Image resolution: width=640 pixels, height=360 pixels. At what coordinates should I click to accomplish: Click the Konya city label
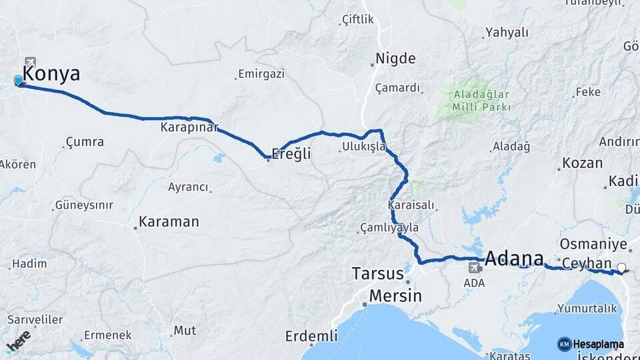pos(51,74)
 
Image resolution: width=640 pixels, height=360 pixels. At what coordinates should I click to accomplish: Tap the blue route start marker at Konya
pos(18,81)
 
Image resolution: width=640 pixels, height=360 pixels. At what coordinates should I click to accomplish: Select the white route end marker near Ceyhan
pos(621,268)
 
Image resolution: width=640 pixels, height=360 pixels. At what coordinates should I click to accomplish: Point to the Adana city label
pos(514,257)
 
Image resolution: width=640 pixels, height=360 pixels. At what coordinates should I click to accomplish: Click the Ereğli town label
pos(291,154)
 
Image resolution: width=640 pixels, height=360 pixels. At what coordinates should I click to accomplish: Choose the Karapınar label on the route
pos(189,127)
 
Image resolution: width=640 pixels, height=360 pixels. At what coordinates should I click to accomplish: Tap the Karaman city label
pos(169,221)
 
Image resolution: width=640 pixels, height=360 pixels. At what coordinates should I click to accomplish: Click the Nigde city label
pos(395,58)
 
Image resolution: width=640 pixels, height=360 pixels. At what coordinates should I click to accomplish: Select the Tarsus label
pos(377,273)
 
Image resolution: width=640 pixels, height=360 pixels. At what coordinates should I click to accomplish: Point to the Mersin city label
pos(395,295)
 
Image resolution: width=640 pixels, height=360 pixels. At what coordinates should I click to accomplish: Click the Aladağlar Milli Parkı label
pos(481,100)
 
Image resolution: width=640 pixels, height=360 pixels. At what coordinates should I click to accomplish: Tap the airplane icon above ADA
pos(474,268)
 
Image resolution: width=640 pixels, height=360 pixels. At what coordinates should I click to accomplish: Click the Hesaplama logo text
pos(598,344)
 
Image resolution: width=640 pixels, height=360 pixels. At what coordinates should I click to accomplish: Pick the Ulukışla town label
pos(364,147)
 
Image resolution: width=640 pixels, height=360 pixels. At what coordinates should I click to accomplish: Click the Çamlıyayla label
pos(389,227)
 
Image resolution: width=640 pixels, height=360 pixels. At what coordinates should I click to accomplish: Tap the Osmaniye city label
pos(593,244)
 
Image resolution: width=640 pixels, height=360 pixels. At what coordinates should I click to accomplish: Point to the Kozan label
pos(582,163)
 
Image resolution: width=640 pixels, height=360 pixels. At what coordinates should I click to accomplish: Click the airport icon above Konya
pos(30,62)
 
